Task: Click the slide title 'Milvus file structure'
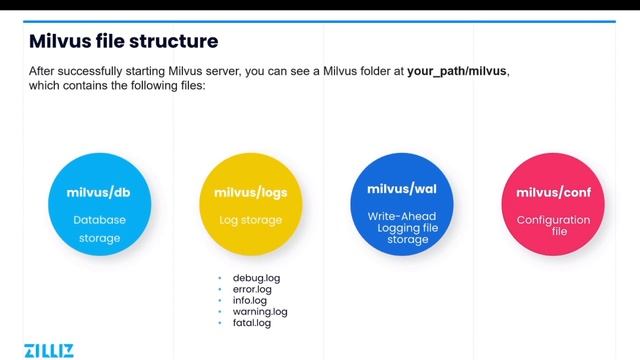(124, 41)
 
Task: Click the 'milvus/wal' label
(400, 187)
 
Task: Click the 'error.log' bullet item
(252, 289)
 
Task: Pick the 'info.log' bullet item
(250, 300)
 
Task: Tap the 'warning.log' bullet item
(260, 312)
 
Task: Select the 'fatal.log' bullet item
(251, 323)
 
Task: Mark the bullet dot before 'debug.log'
(222, 277)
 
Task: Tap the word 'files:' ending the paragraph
(191, 87)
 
